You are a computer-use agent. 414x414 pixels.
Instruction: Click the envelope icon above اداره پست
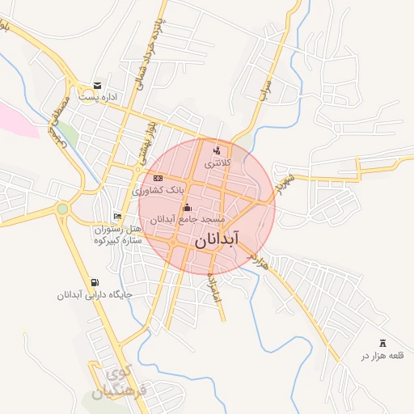[98, 86]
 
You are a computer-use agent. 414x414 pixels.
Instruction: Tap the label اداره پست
[98, 98]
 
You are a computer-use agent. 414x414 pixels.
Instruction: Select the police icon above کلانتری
[216, 150]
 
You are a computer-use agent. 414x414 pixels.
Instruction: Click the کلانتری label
[217, 163]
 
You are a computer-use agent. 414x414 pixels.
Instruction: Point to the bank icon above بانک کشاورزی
[158, 178]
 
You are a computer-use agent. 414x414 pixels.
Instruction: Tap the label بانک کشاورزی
[158, 191]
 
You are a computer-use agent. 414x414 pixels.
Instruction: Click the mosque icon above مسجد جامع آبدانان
[188, 207]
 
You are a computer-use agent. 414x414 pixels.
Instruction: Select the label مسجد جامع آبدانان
[188, 219]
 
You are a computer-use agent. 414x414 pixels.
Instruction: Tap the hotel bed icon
[118, 216]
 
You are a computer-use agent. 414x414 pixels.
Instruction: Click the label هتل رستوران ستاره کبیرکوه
[117, 234]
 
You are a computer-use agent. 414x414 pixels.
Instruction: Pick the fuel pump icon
[95, 282]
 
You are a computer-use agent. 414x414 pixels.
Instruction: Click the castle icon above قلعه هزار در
[382, 344]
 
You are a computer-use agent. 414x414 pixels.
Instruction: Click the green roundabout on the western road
[62, 209]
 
